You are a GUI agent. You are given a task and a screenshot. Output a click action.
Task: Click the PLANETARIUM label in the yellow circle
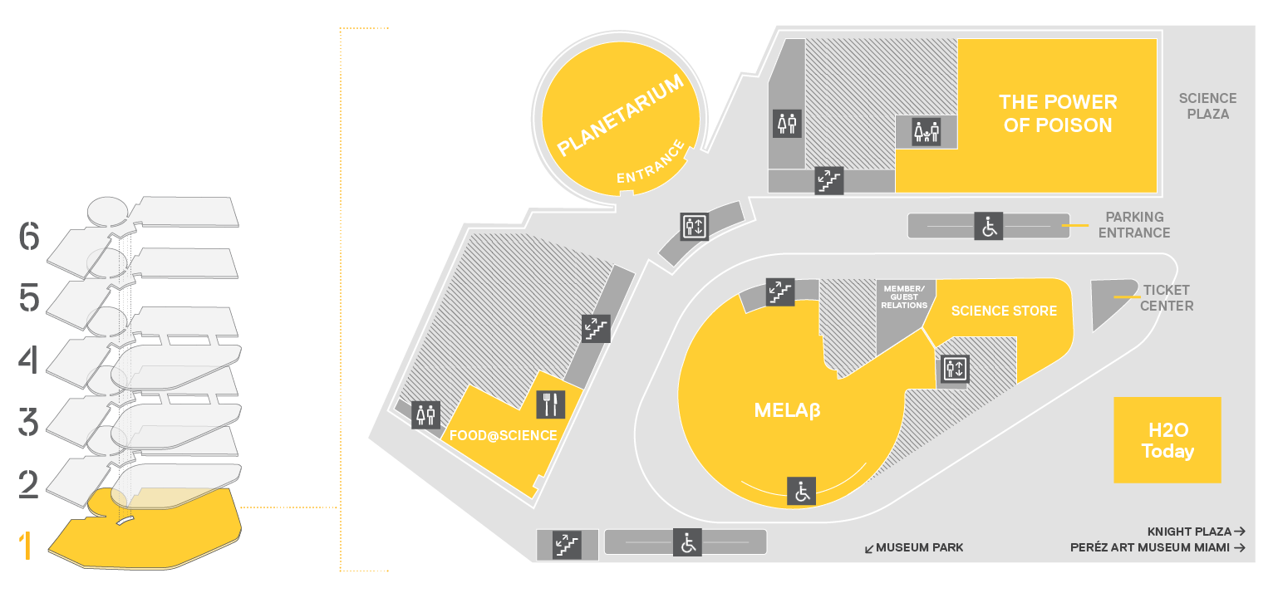click(x=620, y=115)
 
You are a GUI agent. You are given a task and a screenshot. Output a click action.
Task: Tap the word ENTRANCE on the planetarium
click(x=651, y=163)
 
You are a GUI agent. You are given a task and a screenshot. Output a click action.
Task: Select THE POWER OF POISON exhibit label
click(x=1058, y=114)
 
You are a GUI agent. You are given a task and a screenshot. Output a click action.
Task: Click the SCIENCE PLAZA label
click(x=1208, y=106)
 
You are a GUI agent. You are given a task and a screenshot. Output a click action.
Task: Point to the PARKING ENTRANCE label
click(x=1134, y=224)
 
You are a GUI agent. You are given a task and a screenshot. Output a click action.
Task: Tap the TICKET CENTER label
click(x=1167, y=297)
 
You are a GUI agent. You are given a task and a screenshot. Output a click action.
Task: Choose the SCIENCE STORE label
click(x=1004, y=311)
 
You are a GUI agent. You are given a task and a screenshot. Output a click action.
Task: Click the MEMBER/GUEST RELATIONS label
click(x=904, y=297)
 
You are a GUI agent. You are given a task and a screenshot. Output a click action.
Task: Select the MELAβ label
click(x=788, y=410)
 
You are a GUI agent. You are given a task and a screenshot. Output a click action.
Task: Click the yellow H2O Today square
click(x=1167, y=439)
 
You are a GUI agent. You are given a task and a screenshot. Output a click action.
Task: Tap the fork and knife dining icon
click(x=551, y=404)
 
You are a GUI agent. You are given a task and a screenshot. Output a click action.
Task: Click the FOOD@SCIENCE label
click(x=504, y=436)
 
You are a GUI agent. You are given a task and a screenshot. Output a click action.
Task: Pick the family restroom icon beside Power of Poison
click(x=926, y=132)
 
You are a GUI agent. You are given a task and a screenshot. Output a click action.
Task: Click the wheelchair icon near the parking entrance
click(x=989, y=227)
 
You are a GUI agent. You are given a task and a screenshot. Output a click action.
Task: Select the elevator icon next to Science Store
click(x=955, y=369)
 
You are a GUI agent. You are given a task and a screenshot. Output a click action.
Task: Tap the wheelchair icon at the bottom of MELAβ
click(x=802, y=492)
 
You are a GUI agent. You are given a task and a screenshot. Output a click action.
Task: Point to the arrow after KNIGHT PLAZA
click(x=1239, y=532)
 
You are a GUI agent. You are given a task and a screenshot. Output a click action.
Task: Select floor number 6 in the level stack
click(x=29, y=236)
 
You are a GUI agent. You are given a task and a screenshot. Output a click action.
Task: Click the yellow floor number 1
click(x=25, y=546)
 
